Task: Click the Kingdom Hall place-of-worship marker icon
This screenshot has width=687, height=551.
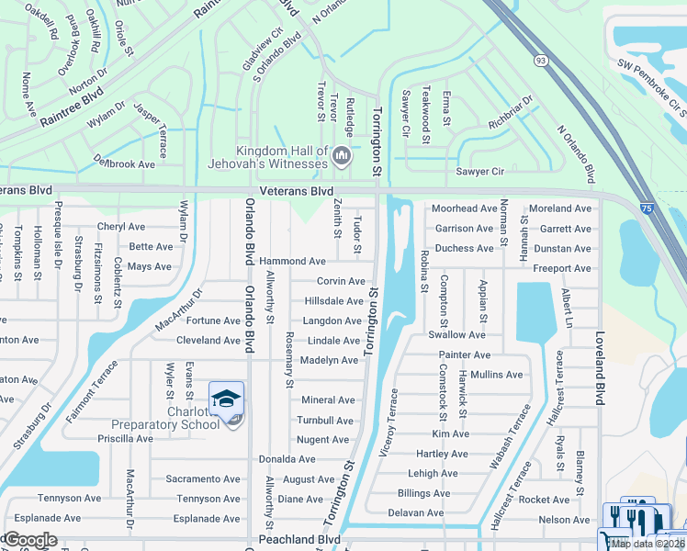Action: pos(342,155)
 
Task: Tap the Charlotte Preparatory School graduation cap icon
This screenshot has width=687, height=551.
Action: pos(226,399)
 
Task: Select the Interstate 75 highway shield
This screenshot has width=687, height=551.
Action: pos(648,210)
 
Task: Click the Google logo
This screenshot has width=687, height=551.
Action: pos(29,540)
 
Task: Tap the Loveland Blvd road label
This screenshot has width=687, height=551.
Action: pos(601,368)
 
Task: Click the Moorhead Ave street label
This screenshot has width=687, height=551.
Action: pos(464,208)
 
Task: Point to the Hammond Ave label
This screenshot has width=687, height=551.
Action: pos(292,262)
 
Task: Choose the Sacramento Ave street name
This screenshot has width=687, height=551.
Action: pos(203,479)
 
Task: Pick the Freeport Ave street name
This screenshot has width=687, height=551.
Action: pos(563,269)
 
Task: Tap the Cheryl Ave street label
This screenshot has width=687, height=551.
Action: pos(121,227)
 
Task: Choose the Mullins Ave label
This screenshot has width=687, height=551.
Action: pos(496,375)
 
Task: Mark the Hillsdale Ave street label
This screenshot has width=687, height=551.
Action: pos(334,301)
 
